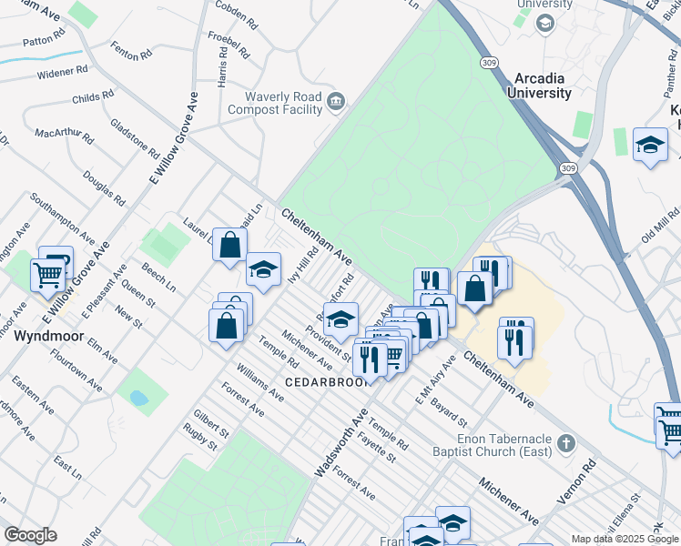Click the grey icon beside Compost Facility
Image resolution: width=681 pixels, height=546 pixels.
coord(336,101)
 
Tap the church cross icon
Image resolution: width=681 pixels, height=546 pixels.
coord(566,444)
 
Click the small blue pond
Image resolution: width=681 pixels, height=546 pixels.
coord(137,398)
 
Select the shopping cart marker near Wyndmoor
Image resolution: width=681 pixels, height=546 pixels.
coord(47,273)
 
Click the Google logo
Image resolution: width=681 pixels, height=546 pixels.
coord(30,534)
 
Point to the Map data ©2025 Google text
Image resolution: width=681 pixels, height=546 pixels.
coord(624,539)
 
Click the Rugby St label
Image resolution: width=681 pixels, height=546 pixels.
coord(198,441)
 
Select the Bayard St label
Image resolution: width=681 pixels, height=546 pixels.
coord(450,411)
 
